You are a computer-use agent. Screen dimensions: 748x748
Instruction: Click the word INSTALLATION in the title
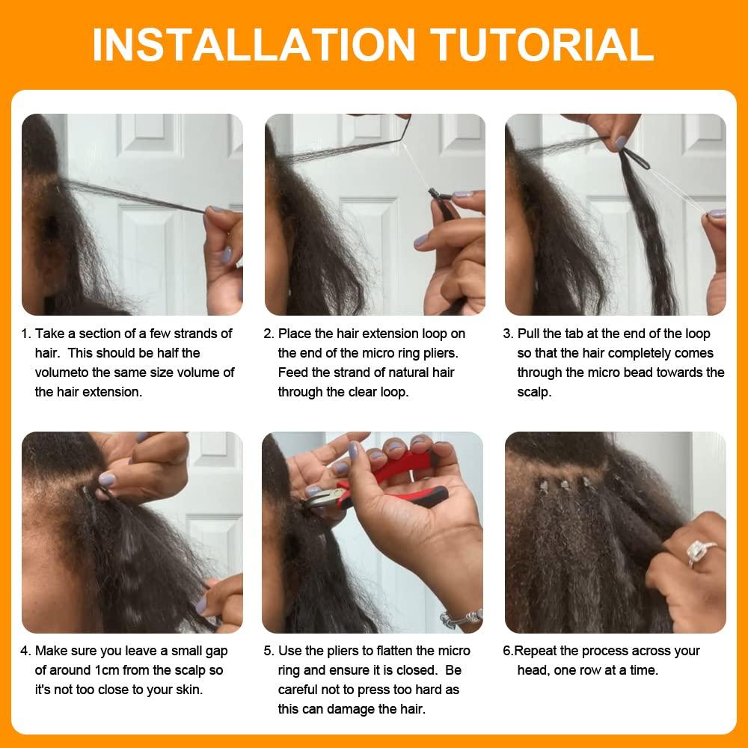[253, 45]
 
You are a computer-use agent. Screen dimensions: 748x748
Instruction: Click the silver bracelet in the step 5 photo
[462, 618]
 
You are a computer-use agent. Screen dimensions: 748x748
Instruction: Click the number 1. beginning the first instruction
[26, 334]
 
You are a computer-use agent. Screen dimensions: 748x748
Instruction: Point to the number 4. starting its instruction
[26, 652]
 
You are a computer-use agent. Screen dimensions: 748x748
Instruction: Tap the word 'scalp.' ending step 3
[534, 392]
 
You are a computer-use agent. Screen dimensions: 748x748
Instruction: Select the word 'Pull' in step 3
[530, 334]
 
